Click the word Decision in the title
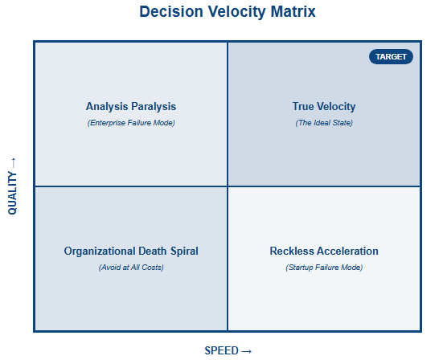[x=171, y=12]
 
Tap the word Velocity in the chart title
[x=236, y=12]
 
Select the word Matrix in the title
[x=293, y=12]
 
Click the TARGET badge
[x=391, y=57]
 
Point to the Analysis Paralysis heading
[x=131, y=107]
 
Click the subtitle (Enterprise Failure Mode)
[x=131, y=123]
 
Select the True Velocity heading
[x=324, y=107]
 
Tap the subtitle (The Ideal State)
[x=324, y=123]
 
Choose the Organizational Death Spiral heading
[x=131, y=252]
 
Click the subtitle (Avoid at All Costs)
[x=131, y=268]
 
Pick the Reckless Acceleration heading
[x=324, y=252]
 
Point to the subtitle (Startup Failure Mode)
[x=324, y=268]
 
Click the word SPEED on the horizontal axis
[x=222, y=350]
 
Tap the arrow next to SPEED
[x=247, y=351]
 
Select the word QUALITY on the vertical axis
[x=12, y=193]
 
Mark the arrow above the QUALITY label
[x=14, y=163]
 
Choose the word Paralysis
[x=154, y=107]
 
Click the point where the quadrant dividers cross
[x=228, y=186]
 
